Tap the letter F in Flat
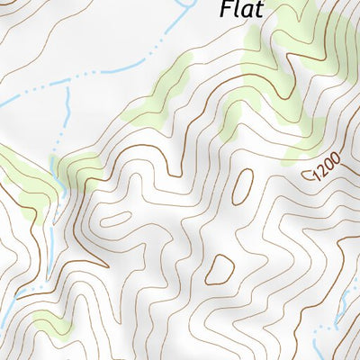coord(225,11)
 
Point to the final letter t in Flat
coord(259,11)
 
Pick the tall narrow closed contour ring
coord(241,186)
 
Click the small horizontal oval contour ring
coord(114,219)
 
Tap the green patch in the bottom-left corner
coord(49,321)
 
